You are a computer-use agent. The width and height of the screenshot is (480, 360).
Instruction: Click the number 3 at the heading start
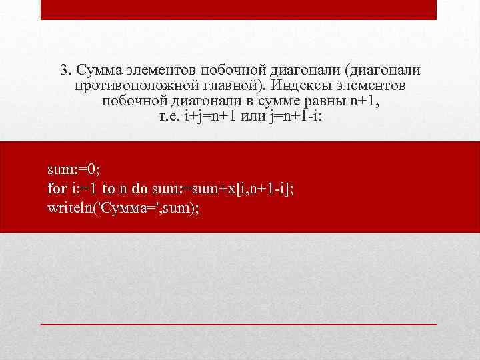[x=63, y=71]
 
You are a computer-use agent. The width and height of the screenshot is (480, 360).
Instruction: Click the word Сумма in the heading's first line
[x=97, y=71]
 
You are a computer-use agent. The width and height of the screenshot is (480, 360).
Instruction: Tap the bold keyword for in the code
[x=57, y=189]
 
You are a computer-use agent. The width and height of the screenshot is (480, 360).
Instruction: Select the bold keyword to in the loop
[x=109, y=189]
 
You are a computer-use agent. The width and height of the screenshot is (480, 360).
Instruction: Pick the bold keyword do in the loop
[x=140, y=189]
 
